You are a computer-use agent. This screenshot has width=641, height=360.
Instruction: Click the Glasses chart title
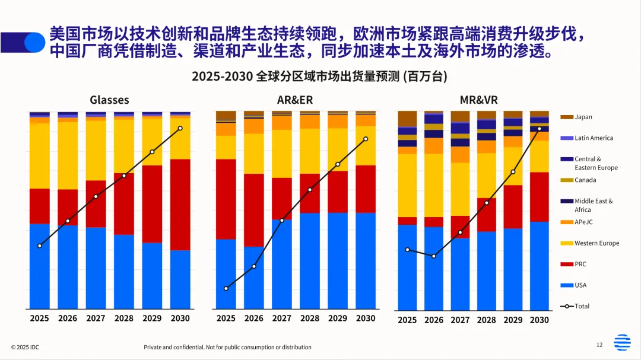point(109,100)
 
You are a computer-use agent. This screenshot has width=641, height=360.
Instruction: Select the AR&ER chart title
point(296,100)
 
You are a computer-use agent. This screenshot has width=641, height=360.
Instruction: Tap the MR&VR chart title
point(478,100)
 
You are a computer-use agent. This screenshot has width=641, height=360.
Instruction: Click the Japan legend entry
point(583,117)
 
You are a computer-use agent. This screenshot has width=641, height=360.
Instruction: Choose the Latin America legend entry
point(594,138)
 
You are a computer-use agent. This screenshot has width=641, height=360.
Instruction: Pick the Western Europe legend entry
point(596,243)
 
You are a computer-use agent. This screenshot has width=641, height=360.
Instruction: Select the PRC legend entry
point(580,264)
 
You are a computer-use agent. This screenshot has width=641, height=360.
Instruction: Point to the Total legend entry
point(582,306)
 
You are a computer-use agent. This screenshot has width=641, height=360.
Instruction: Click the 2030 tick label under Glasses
point(180,318)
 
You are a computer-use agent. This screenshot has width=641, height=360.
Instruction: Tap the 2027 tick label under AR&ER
point(282,318)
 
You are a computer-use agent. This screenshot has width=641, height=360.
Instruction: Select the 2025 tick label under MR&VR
point(407,320)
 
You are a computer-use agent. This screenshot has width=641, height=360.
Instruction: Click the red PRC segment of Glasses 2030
point(180,205)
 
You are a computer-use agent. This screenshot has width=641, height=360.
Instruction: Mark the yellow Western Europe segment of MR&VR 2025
point(407,185)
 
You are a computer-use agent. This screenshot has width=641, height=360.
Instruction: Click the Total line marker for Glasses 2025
point(40,246)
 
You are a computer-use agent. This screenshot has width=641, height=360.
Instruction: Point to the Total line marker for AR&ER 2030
point(366,139)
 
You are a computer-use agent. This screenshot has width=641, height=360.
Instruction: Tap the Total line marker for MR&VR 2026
point(434,256)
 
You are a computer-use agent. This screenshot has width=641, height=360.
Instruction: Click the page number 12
point(599,345)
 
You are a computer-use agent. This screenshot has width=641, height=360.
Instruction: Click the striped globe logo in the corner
point(623,343)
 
